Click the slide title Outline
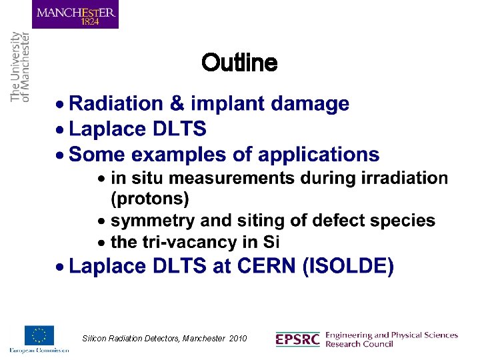239,63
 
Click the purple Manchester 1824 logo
75,15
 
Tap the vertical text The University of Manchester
20,67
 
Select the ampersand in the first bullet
176,104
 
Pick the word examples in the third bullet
167,155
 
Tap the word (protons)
149,199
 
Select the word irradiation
405,178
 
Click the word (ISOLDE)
347,267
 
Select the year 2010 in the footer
237,339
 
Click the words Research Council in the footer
359,344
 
